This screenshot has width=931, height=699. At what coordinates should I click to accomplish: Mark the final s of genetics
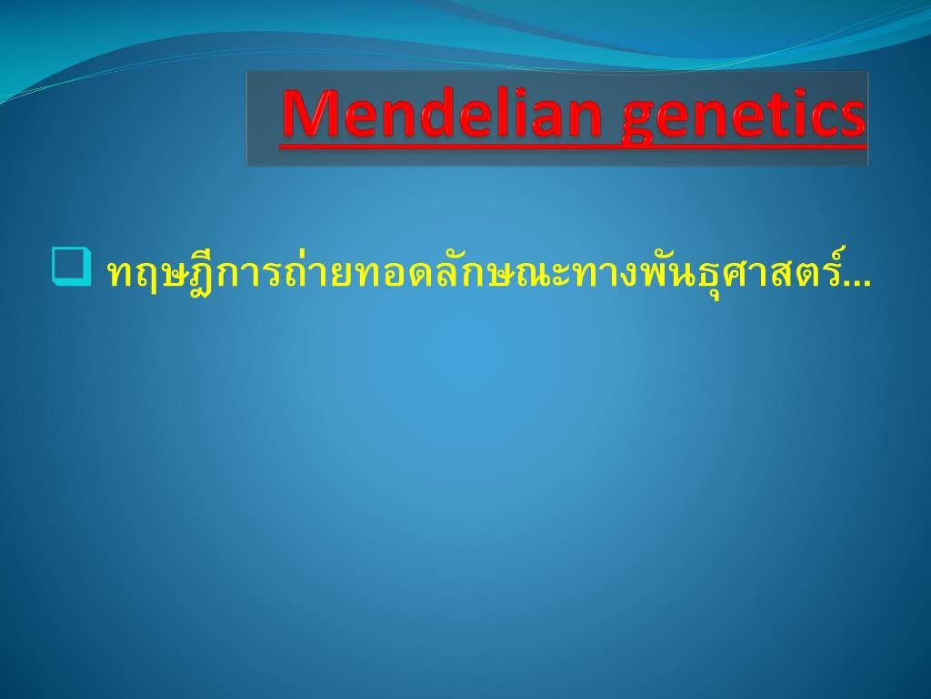click(x=854, y=119)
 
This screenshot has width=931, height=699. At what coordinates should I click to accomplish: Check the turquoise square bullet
click(x=72, y=267)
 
